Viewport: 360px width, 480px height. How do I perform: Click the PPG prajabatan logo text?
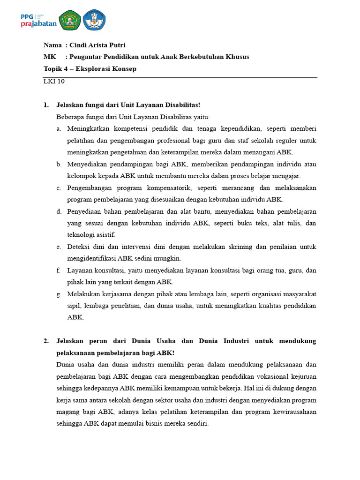[x=38, y=20]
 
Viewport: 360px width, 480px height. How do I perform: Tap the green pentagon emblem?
[x=70, y=20]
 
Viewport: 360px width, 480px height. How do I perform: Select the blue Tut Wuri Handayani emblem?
[x=95, y=20]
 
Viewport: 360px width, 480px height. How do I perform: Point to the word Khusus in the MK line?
[x=237, y=57]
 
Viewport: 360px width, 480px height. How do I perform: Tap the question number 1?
[x=46, y=105]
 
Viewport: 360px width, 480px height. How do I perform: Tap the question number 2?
[x=46, y=341]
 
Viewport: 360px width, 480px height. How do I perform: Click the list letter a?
[x=59, y=129]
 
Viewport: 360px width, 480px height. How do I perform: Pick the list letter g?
[x=59, y=294]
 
